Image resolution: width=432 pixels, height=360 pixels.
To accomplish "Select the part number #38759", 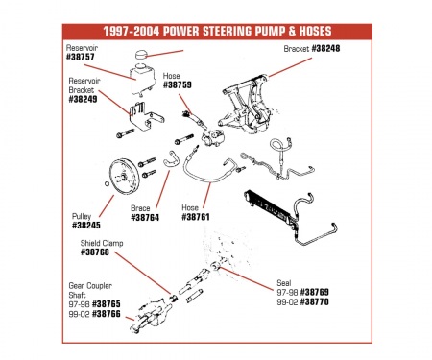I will coord(179,84).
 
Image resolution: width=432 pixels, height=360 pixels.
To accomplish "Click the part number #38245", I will coord(86,227).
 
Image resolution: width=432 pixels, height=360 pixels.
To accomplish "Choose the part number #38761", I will coord(197,217).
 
